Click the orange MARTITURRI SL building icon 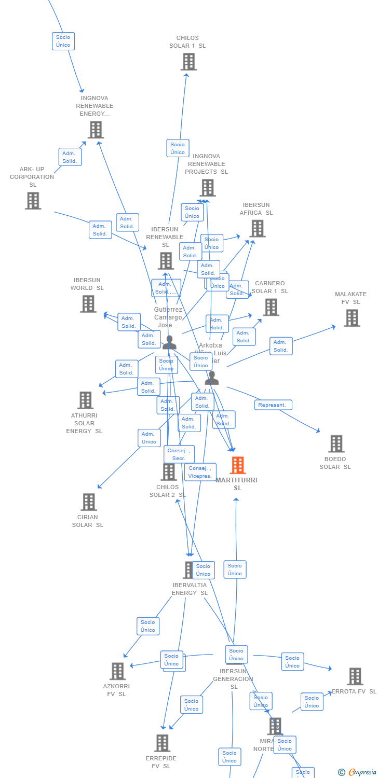(x=238, y=465)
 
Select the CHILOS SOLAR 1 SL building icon (x=188, y=62)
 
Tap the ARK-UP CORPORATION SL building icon (x=33, y=201)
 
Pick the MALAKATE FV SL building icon (x=352, y=318)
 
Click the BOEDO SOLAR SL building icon (x=336, y=444)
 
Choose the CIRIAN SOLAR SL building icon (x=89, y=502)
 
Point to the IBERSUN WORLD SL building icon (x=88, y=304)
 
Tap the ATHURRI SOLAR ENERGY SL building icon (x=86, y=400)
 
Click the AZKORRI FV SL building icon (x=117, y=671)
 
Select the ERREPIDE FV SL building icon (x=162, y=743)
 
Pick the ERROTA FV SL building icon (x=355, y=676)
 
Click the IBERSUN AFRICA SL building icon (x=257, y=229)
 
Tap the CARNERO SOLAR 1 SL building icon (x=271, y=307)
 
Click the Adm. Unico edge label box (x=149, y=438)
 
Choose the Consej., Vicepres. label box (x=200, y=472)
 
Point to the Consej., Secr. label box (x=179, y=454)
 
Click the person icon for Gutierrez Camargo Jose (x=169, y=342)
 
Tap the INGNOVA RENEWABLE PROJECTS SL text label (x=207, y=164)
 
